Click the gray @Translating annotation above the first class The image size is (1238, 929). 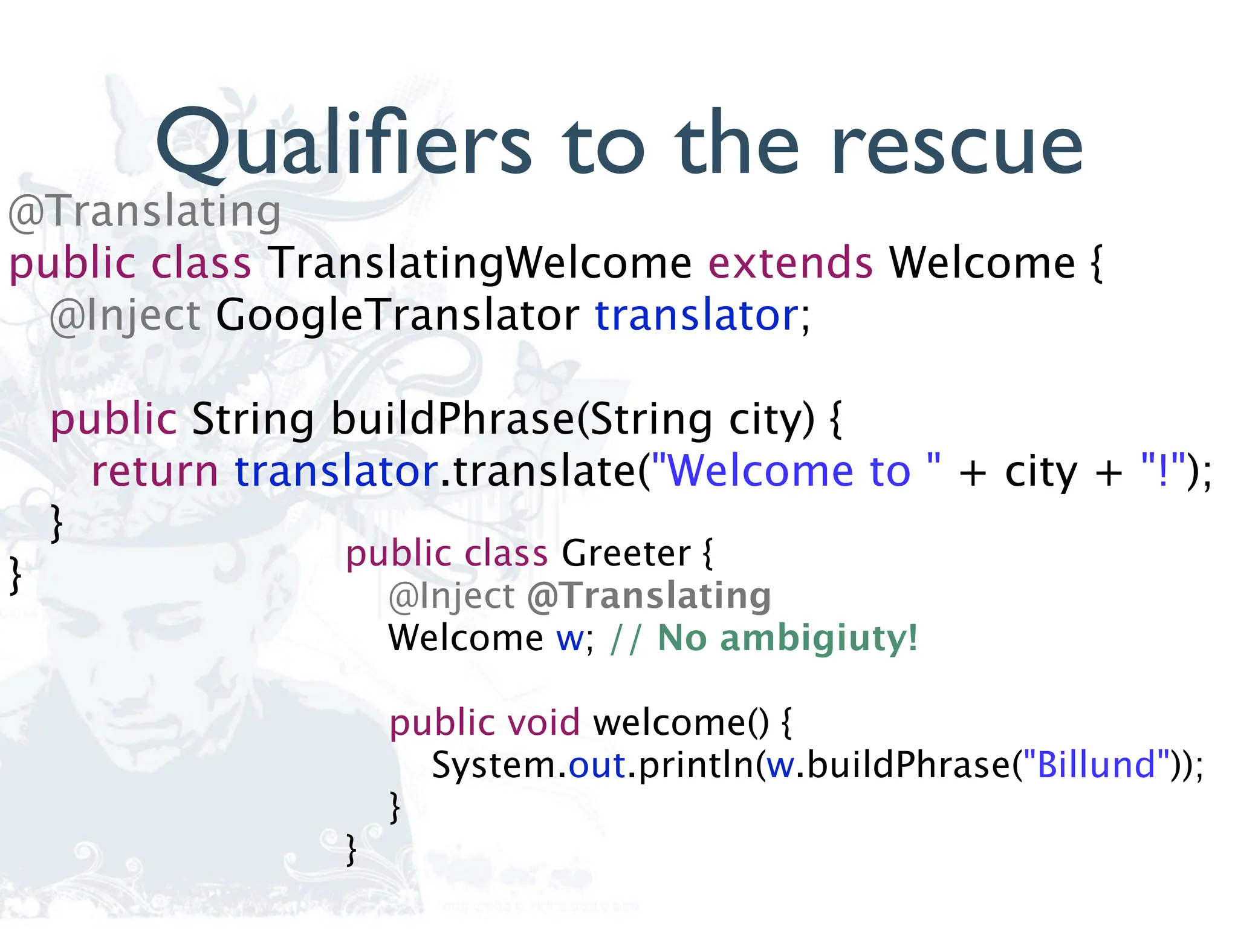click(x=144, y=212)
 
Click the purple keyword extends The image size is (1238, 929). click(x=791, y=264)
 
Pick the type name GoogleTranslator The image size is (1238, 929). click(x=397, y=316)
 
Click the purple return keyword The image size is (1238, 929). click(x=155, y=472)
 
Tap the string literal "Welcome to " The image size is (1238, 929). click(x=797, y=472)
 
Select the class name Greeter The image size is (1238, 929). click(x=626, y=553)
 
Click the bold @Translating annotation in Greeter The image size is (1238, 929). click(x=649, y=596)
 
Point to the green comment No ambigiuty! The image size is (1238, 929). click(x=787, y=638)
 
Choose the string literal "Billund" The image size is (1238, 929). click(x=1096, y=765)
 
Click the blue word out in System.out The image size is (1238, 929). click(x=597, y=766)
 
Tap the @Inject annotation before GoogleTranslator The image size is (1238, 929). click(x=125, y=316)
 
